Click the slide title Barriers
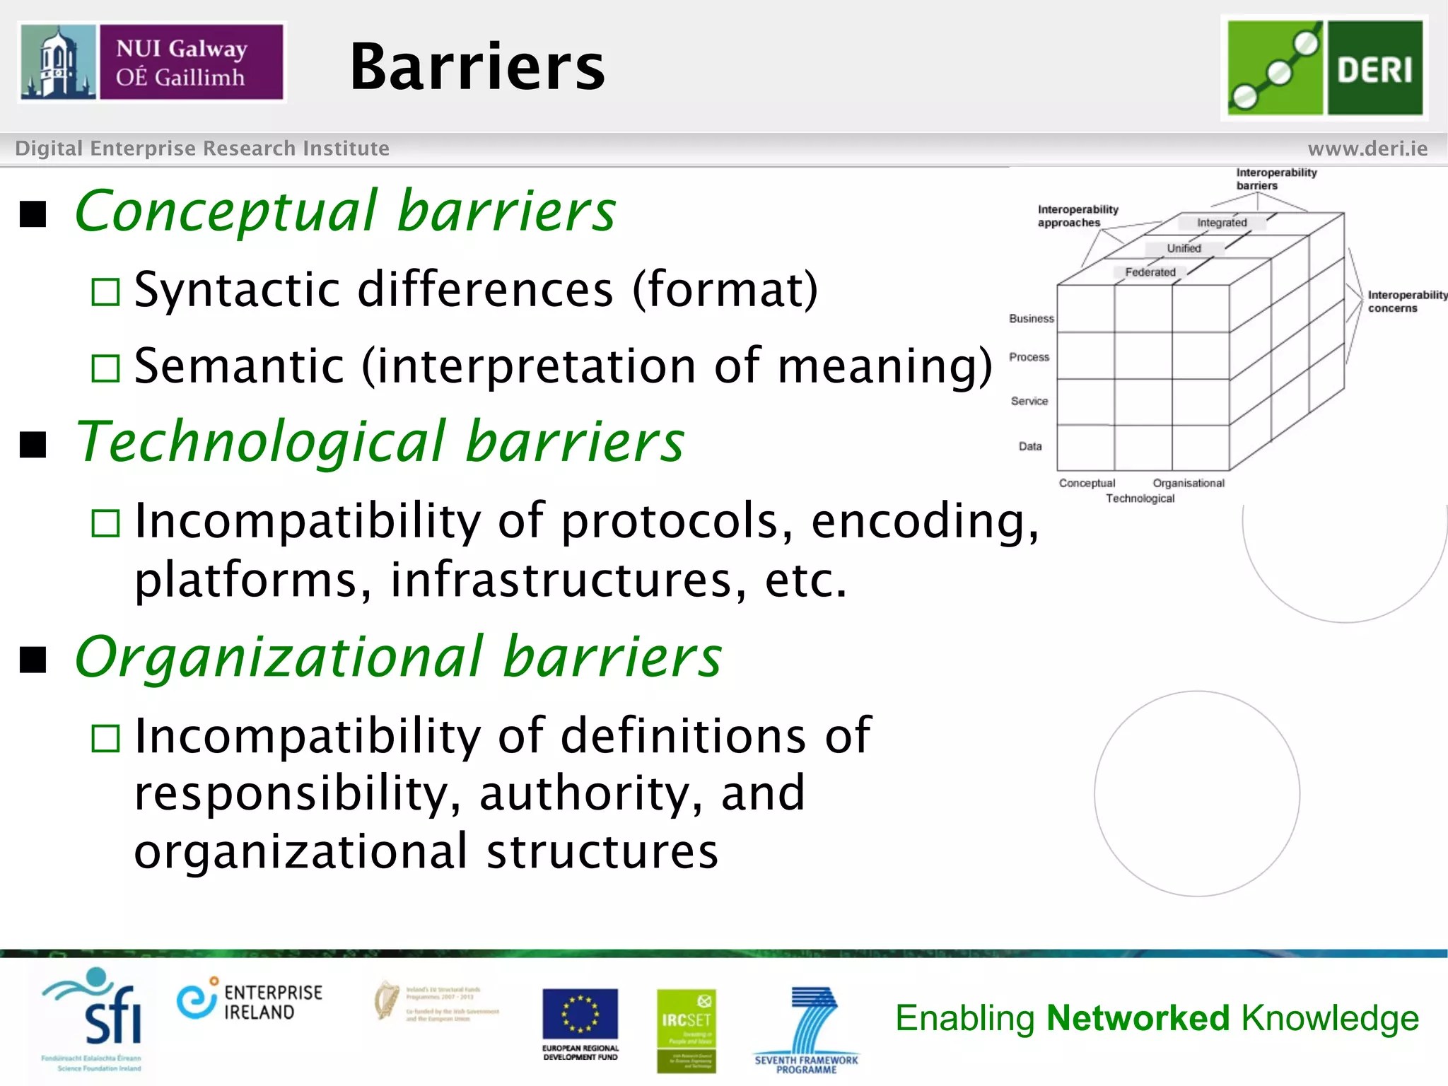coord(477,67)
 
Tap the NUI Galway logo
coord(152,62)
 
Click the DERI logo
coord(1324,68)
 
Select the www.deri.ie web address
coord(1367,148)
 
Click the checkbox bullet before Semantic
coord(106,368)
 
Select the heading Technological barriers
coord(380,441)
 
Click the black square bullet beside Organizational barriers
coord(33,660)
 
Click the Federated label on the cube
coord(1150,272)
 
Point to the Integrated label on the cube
coord(1222,223)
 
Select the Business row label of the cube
coord(1031,319)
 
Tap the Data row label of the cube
coord(1029,446)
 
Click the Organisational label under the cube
coord(1188,483)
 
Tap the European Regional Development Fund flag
coord(580,1014)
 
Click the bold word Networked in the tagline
coord(1138,1018)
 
